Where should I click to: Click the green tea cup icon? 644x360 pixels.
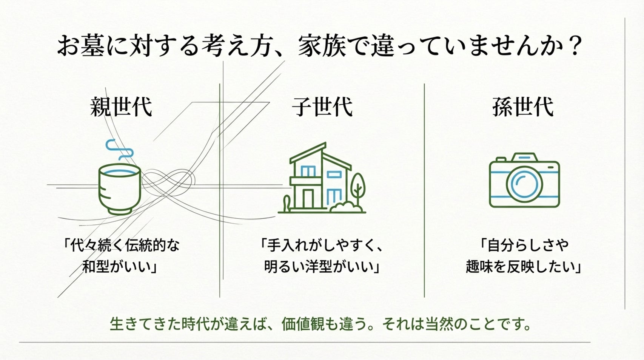click(x=119, y=189)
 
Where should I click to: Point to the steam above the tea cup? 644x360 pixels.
click(x=119, y=149)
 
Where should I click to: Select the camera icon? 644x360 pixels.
click(x=524, y=181)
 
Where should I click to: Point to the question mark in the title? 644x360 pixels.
click(x=575, y=46)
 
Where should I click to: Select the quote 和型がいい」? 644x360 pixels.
click(x=119, y=267)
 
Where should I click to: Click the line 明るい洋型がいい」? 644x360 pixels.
click(x=322, y=267)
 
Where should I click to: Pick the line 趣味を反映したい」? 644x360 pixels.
click(x=523, y=267)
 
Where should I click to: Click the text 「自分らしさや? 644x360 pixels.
click(x=523, y=246)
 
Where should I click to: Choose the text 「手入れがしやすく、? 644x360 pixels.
click(x=322, y=246)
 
